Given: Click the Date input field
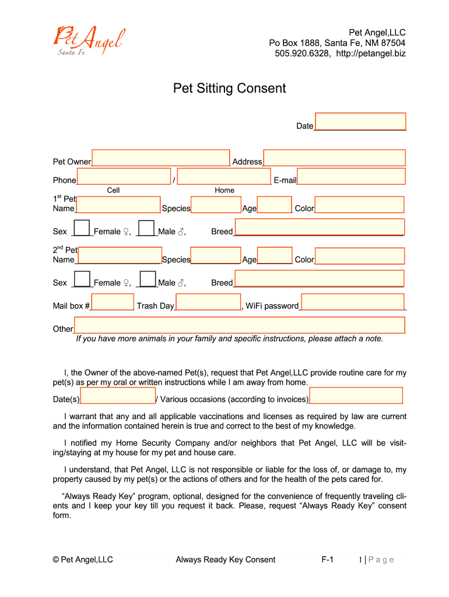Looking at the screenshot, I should (360, 121).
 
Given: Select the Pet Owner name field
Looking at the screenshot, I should (160, 158).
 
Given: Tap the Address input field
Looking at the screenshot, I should (334, 158).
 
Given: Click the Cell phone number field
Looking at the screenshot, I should (124, 177).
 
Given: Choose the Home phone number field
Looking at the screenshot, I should (224, 177).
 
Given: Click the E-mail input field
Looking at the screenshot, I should (351, 177).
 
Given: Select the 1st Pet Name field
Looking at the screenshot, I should (118, 205).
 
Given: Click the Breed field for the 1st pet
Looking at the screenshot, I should (319, 227).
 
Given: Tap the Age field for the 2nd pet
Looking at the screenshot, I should (275, 256).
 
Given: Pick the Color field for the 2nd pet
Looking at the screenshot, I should (359, 256).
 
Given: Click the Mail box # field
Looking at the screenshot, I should (113, 302).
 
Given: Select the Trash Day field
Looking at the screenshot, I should (208, 302).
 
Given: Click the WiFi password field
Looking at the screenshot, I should (353, 302).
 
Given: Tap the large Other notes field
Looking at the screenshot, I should (239, 325).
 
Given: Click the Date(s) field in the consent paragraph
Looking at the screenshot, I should (118, 396).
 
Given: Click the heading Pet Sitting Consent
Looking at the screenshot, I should (229, 89).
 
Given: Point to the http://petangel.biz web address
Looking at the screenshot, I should (371, 54).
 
